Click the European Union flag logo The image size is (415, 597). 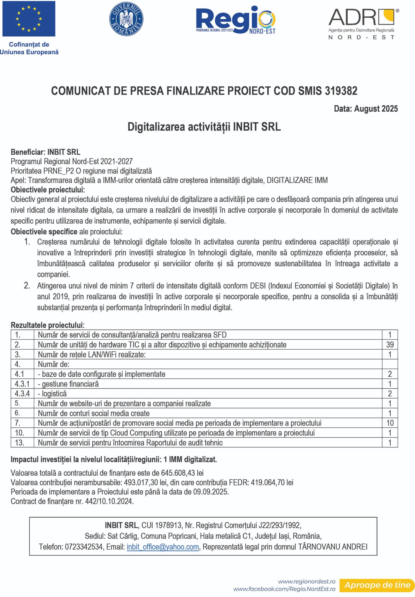[29, 19]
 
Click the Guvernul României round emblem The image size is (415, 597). [126, 19]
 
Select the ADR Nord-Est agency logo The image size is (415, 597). [363, 23]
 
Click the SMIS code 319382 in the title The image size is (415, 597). [341, 91]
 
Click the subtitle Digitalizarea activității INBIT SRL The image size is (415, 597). [204, 127]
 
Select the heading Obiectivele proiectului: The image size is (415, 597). [48, 190]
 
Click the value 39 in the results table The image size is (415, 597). [390, 345]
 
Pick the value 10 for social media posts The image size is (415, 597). [390, 423]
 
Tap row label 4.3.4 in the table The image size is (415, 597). [22, 393]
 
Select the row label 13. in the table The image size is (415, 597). [20, 443]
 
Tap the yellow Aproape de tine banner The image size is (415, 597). [377, 585]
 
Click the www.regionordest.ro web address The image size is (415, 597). [307, 581]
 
